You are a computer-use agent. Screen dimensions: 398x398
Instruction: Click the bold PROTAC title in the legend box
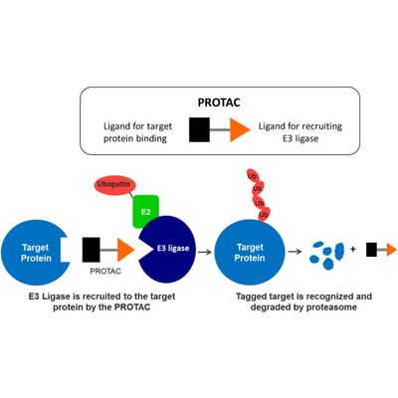[219, 102]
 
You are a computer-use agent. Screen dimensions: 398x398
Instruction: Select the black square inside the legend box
[199, 129]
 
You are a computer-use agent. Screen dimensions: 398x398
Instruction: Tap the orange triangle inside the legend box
[240, 129]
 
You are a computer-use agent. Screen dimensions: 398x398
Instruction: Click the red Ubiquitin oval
[112, 185]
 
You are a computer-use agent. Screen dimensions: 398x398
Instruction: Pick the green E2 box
[146, 212]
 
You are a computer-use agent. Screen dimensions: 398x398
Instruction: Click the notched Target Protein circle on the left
[35, 253]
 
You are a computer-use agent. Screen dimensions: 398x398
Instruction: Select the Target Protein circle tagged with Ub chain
[250, 253]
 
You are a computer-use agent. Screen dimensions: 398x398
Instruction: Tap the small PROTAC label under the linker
[105, 272]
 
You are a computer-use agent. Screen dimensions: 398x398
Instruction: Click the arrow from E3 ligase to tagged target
[205, 252]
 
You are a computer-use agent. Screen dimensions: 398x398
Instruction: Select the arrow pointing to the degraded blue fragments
[295, 252]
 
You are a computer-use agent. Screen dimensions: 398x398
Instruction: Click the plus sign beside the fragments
[352, 249]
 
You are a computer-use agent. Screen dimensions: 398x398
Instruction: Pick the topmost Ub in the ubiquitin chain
[253, 176]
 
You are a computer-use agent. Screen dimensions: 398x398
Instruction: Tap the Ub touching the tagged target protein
[264, 214]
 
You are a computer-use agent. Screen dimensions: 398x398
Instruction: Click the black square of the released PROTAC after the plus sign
[371, 250]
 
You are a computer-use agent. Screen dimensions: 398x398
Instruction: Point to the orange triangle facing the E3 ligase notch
[125, 250]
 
